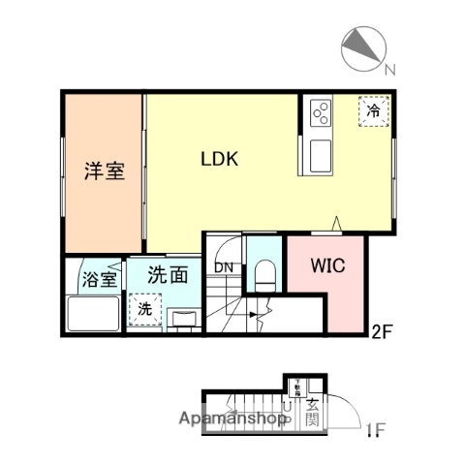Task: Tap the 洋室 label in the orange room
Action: pos(103,172)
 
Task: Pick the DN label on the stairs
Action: pos(224,267)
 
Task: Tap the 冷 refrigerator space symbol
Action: pos(373,111)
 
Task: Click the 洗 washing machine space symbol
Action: pos(143,311)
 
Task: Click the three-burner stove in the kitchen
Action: pos(321,115)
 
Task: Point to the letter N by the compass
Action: pos(388,69)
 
